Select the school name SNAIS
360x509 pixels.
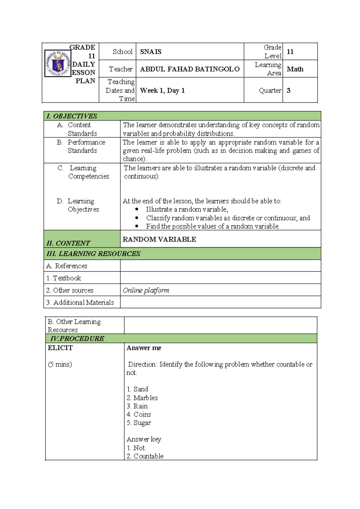151,52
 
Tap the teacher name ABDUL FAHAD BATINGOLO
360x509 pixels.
190,69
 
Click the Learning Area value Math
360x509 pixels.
295,69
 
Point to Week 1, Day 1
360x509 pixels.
162,90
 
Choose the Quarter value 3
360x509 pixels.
288,90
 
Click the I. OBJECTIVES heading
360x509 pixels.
72,116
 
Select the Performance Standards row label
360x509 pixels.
86,146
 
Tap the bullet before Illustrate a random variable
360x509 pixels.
137,209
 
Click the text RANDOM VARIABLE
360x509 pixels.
159,239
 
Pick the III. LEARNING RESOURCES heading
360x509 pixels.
93,254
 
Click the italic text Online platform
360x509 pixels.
146,290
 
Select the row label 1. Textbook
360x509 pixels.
64,278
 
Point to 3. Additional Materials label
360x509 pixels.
80,302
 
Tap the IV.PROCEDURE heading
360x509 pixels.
77,339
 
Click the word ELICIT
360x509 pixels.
60,348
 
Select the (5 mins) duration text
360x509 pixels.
60,364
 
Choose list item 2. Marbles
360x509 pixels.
142,398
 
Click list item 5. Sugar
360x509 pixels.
139,423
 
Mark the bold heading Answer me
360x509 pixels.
144,348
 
